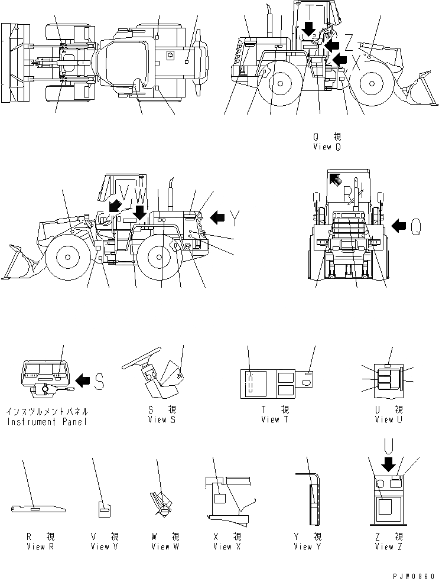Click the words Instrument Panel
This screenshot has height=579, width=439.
pyautogui.click(x=47, y=422)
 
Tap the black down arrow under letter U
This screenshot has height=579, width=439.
pyautogui.click(x=389, y=465)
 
